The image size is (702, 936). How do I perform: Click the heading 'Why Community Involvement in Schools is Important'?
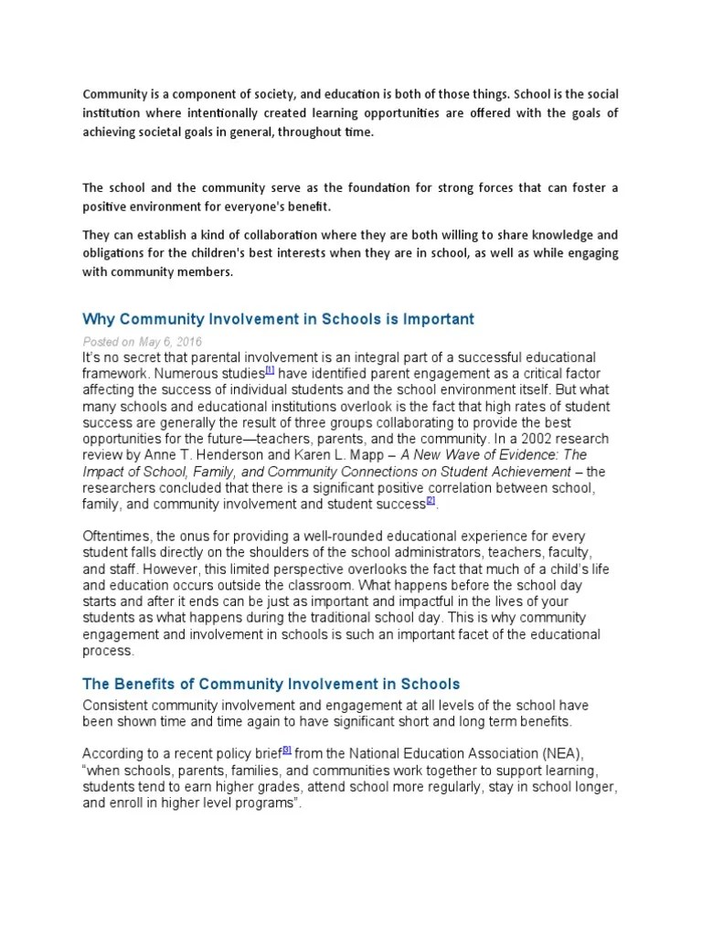point(278,319)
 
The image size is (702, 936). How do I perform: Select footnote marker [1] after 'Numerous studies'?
point(270,369)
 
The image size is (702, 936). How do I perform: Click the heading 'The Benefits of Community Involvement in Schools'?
point(271,684)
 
